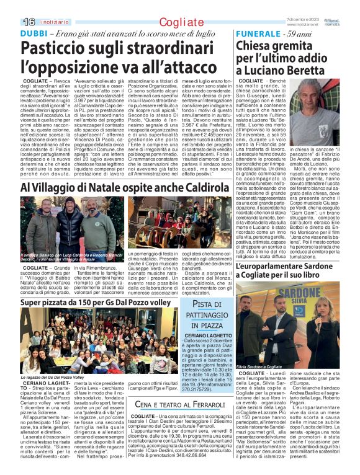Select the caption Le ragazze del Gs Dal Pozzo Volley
point(52,376)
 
